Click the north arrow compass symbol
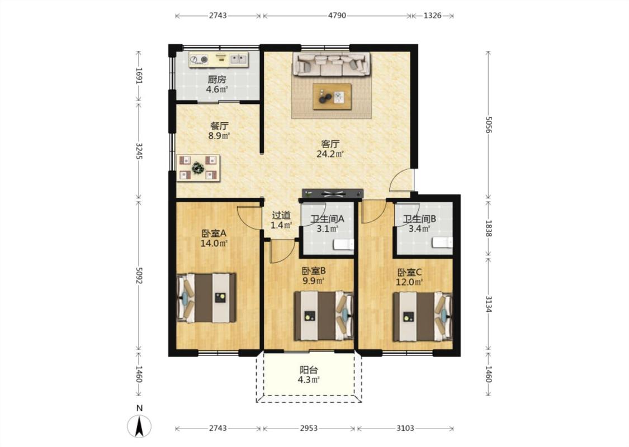tap(139, 426)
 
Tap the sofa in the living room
tap(332, 64)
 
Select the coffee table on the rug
tap(332, 96)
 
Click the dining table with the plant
tap(198, 168)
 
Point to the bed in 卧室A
tap(206, 298)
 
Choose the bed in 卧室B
tap(324, 316)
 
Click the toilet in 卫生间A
tap(344, 244)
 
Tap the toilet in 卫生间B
tap(442, 242)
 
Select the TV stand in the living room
tap(333, 194)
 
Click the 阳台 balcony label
tap(309, 370)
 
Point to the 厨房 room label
tap(217, 79)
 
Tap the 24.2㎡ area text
tap(330, 154)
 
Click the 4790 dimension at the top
tap(337, 16)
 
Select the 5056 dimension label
tap(488, 125)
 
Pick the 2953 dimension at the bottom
tap(309, 428)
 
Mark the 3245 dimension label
tap(139, 151)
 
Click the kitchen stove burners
tap(199, 60)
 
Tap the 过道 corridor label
tap(281, 215)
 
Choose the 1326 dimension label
tap(432, 16)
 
